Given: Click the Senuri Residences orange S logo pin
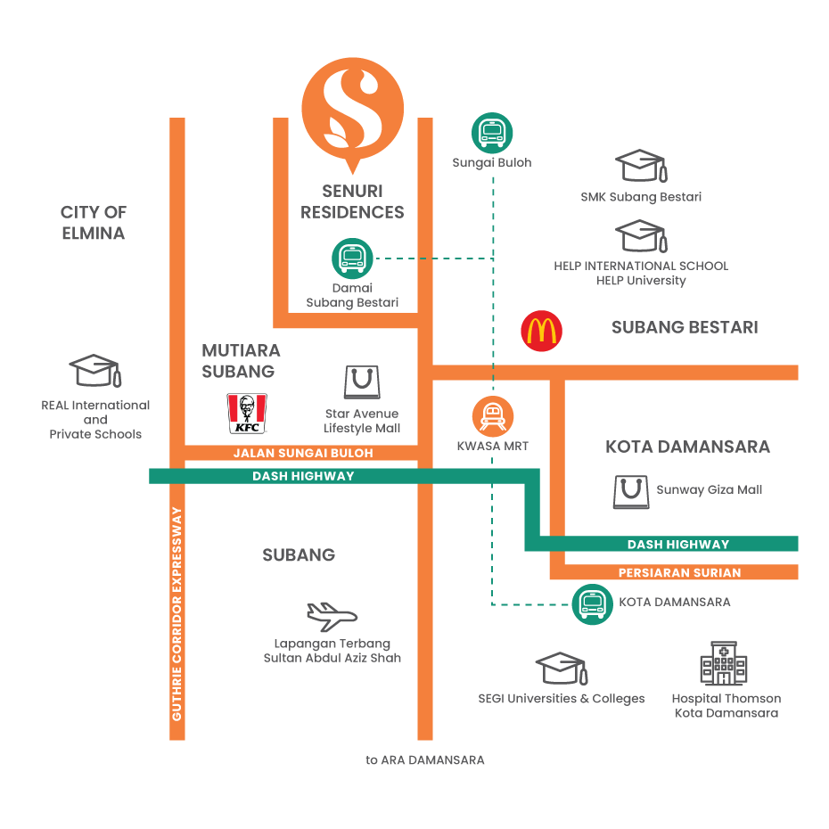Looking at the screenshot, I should point(352,111).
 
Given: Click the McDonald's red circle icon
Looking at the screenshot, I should point(541,332).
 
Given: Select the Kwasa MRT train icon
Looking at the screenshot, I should point(493,415).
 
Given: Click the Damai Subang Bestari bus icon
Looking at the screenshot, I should point(352,259).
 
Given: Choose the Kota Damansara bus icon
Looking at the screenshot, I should point(592,604).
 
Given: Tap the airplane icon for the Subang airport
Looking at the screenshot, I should point(331,616).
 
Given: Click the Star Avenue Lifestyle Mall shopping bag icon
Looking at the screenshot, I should point(362,382).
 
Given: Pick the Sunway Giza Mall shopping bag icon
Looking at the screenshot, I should point(631,491).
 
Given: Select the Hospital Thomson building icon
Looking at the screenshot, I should point(724,664).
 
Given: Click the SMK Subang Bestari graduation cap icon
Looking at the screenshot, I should point(641,167).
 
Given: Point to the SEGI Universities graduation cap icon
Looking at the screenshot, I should point(561,669).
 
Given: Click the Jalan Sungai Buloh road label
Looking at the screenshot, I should point(303,453).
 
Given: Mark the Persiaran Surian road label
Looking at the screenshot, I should point(679,572).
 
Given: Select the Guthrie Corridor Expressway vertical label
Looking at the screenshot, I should point(177,614).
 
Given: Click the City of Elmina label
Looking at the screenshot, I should point(94,223).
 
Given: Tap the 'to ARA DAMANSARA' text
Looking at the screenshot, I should point(425,760).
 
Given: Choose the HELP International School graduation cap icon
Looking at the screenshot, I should point(641,236).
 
